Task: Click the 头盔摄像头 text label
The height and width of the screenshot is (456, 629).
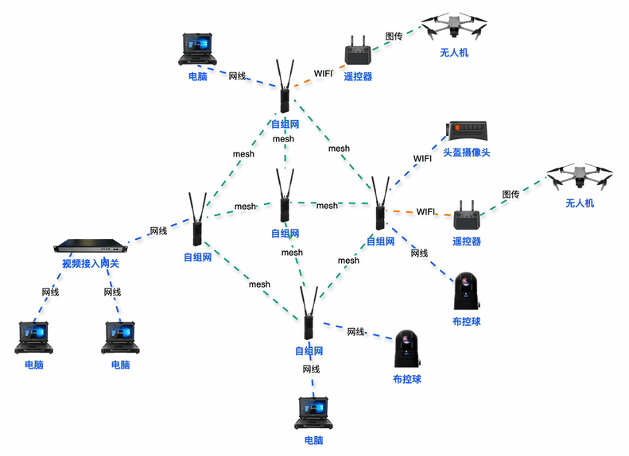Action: click(466, 152)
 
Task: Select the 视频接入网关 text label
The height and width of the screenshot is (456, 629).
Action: click(90, 263)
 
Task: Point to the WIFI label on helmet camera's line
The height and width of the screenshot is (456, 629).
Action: click(422, 158)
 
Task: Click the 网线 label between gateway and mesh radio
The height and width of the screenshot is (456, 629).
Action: click(158, 231)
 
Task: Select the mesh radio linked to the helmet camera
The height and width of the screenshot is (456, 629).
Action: click(380, 205)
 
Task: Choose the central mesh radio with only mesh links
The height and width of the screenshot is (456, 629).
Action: click(284, 199)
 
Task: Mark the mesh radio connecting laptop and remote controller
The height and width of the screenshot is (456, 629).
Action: click(284, 87)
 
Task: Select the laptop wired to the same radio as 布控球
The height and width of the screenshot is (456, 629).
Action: click(313, 412)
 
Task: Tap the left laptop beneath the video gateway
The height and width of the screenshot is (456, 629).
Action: click(33, 337)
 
